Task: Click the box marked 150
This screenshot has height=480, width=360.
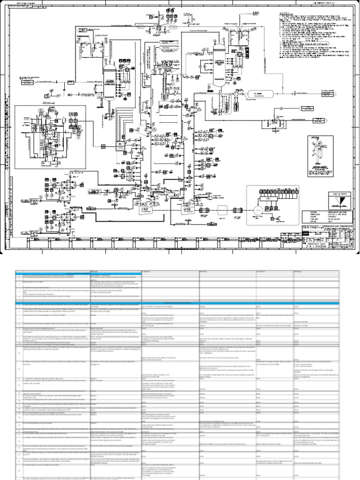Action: pyautogui.click(x=119, y=147)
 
